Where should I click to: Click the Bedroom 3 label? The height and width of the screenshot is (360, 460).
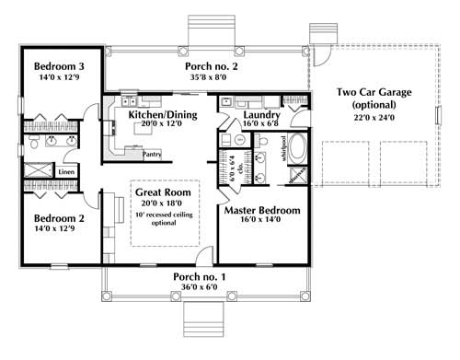click(61, 66)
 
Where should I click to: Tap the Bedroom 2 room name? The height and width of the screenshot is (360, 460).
click(61, 219)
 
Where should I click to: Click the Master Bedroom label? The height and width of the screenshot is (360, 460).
click(262, 211)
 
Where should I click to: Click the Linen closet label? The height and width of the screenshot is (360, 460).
click(65, 172)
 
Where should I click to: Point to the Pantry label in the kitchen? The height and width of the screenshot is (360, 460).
click(152, 155)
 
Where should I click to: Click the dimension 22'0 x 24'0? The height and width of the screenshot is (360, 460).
click(374, 119)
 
